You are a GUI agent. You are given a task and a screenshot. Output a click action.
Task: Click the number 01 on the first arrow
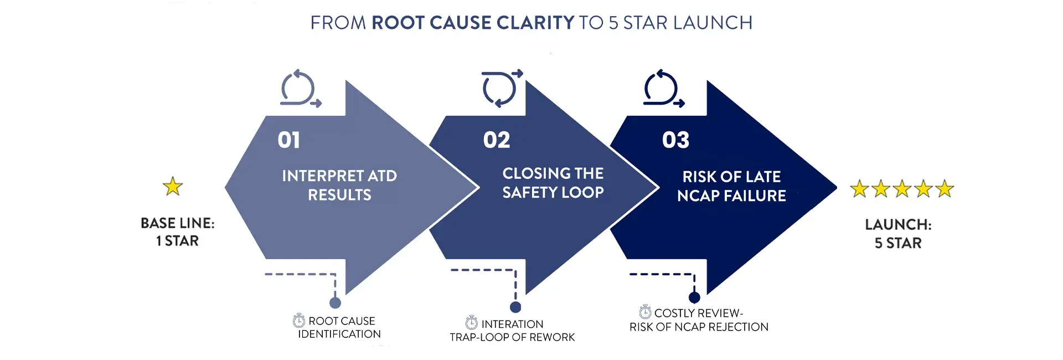point(289,140)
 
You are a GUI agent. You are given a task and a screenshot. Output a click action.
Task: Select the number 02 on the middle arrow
point(497,140)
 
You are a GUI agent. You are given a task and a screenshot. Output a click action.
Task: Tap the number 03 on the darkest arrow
point(675,140)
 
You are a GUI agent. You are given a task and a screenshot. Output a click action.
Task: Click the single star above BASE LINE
point(173,187)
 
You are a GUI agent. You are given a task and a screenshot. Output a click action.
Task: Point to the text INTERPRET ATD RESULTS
point(339,185)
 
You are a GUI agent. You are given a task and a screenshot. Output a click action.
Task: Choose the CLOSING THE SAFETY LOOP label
point(553,183)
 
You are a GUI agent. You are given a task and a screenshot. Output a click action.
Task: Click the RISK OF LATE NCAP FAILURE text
point(731,186)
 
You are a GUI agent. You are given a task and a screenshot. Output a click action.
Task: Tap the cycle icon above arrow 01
point(300,89)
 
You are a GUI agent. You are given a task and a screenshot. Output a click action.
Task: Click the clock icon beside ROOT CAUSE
point(299,320)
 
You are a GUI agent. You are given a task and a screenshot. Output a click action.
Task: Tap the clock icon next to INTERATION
point(472,322)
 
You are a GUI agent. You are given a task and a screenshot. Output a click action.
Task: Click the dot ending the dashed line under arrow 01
point(335,303)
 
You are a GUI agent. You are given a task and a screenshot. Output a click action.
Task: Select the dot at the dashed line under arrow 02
point(515,307)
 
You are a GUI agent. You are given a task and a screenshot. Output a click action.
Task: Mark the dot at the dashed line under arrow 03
point(694,297)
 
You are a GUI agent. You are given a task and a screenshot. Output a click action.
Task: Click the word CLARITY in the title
point(535,23)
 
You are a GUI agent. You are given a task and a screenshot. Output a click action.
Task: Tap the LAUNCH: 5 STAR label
point(898,234)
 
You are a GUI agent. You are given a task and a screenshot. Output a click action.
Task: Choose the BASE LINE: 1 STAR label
point(177,232)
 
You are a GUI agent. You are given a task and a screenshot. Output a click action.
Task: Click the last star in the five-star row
point(945,189)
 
